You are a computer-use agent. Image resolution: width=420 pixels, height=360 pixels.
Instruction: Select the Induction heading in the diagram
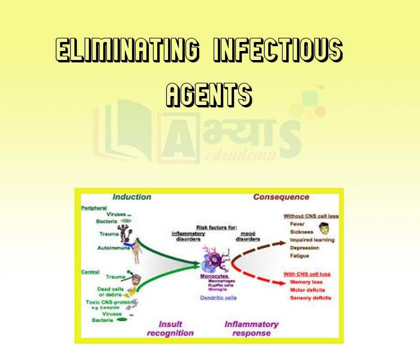point(131,197)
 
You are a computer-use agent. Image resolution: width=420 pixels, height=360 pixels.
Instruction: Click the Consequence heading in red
point(281,197)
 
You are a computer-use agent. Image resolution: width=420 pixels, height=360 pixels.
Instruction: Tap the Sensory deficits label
point(310,298)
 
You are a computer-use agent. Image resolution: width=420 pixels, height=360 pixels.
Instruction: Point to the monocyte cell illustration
point(214,258)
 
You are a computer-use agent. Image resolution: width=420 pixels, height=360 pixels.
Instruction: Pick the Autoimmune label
point(112,247)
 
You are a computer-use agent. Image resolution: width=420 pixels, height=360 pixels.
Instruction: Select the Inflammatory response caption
point(251,328)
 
